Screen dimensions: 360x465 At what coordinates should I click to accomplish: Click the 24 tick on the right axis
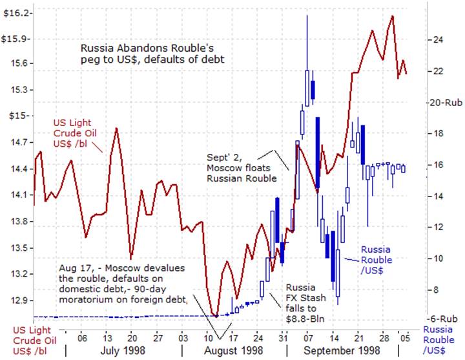click(438, 39)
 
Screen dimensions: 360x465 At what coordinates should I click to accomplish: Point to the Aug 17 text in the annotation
click(72, 268)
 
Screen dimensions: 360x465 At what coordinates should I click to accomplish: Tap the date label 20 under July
click(131, 337)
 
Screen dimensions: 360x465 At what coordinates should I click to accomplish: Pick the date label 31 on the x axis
click(283, 337)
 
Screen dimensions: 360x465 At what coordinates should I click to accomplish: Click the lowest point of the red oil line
click(216, 316)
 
